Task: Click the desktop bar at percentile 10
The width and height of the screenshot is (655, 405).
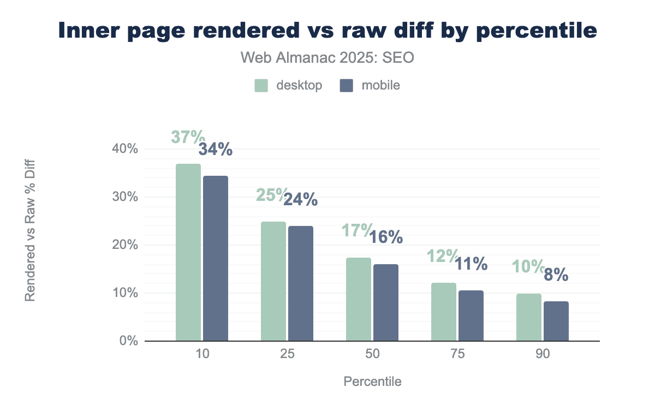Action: [188, 252]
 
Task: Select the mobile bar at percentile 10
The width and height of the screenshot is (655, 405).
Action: [216, 258]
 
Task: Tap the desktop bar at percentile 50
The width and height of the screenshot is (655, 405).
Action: [359, 299]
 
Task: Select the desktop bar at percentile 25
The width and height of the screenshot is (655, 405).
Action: [273, 281]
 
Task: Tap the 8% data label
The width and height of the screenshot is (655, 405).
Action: [556, 275]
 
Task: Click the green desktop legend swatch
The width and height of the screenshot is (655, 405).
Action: [261, 86]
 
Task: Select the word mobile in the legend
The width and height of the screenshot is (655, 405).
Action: [380, 86]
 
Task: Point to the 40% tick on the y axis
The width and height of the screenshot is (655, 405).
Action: [125, 149]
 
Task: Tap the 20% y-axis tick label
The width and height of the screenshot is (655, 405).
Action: [125, 245]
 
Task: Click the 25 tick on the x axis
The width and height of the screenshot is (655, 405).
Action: [287, 354]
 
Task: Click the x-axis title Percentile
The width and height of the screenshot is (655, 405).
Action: [372, 382]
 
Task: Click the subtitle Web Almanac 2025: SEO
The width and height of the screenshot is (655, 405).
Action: [327, 58]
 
